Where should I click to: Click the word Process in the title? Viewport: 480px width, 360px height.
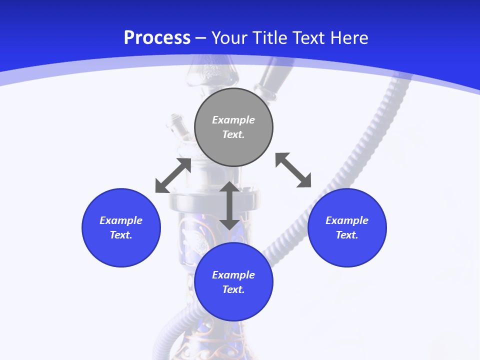157,38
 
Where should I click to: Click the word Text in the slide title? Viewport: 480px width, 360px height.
310,38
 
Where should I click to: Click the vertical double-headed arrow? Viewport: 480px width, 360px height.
229,205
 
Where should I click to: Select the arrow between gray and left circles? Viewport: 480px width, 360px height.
173,175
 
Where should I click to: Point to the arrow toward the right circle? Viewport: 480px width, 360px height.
293,170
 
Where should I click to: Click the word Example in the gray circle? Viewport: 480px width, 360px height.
233,120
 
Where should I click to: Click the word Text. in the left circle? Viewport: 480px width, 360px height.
121,235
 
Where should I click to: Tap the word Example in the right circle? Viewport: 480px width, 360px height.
347,220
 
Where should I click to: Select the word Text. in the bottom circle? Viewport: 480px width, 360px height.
233,289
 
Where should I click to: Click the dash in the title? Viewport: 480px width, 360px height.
200,38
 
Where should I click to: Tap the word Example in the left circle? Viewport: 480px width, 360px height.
121,220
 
